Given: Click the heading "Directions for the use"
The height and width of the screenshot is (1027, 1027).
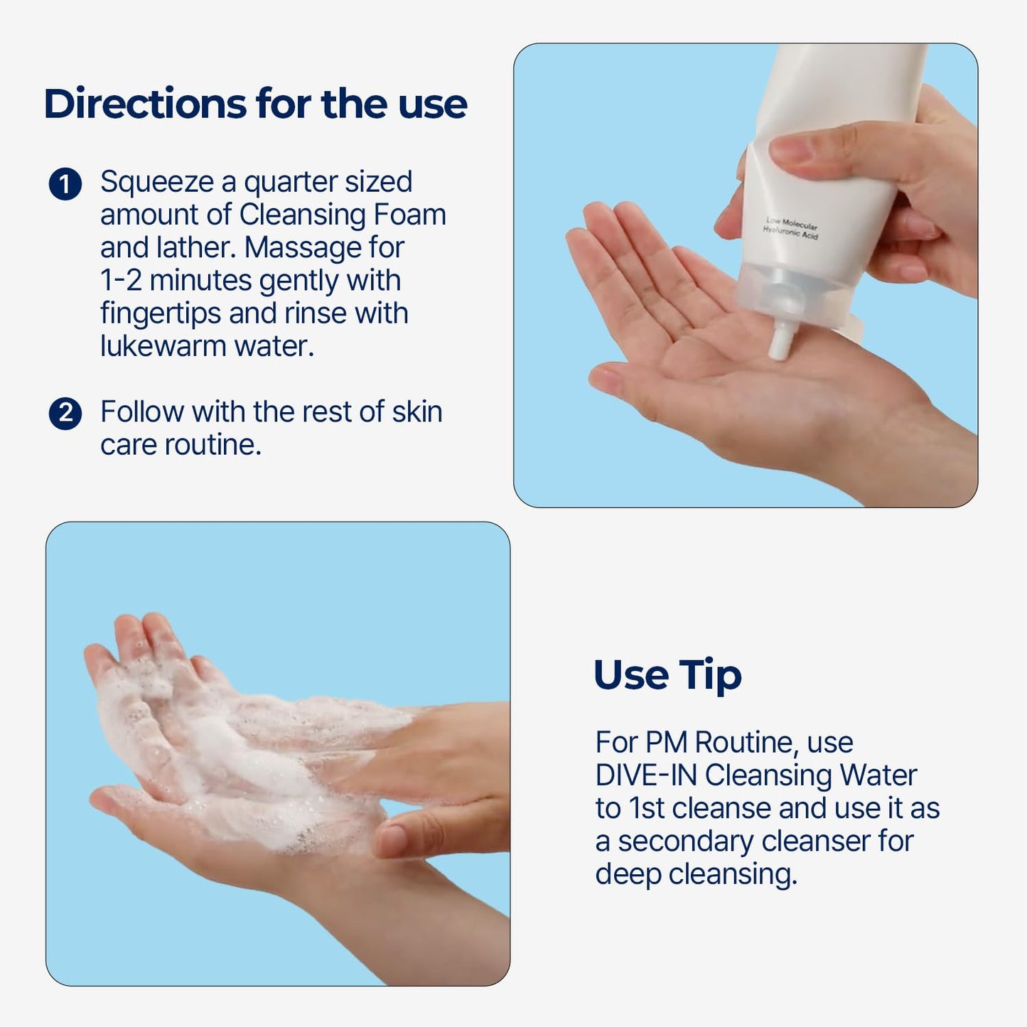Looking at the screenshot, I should click(255, 104).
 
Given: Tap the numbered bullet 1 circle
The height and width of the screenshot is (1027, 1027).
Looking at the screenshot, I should click(65, 184).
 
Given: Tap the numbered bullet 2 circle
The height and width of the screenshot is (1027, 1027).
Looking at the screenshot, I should click(65, 414).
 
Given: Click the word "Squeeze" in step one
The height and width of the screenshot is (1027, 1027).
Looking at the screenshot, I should click(156, 183).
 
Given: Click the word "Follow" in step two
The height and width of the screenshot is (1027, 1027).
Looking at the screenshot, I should click(141, 412).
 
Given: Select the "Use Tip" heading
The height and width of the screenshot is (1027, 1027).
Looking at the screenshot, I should click(667, 674).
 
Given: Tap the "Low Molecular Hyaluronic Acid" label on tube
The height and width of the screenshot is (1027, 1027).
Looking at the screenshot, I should click(791, 229).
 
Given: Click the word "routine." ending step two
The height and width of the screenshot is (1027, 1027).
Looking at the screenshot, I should click(213, 445).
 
